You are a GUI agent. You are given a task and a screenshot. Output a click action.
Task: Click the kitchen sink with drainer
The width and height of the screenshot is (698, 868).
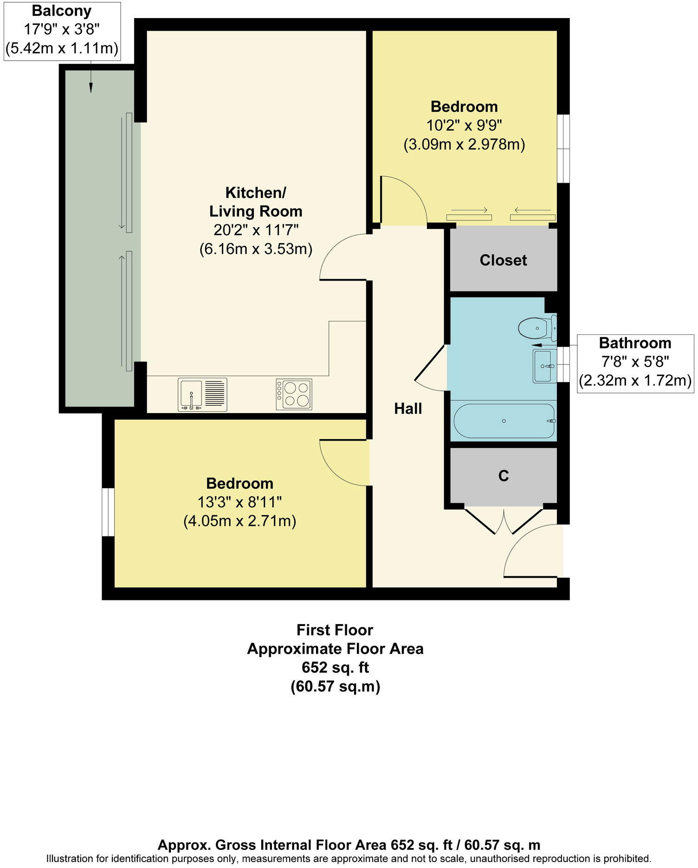point(202,395)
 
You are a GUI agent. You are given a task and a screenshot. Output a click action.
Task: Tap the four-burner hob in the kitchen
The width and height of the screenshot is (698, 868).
point(294,394)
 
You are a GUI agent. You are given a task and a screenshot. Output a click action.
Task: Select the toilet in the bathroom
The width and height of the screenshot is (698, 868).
point(535,328)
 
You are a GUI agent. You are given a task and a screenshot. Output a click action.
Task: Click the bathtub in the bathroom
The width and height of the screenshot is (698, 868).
point(504,421)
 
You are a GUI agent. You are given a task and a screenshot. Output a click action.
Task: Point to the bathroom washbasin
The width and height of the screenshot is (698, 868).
point(544,366)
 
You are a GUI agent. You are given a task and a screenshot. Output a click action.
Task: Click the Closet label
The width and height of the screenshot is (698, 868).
point(503,260)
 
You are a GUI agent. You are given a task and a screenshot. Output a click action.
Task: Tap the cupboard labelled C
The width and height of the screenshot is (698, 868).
point(503,476)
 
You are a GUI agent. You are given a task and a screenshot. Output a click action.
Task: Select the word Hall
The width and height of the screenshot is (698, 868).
point(408,408)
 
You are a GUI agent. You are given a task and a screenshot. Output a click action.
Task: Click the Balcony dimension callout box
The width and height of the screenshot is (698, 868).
point(62,30)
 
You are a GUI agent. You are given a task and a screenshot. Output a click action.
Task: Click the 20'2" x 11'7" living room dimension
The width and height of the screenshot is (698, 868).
point(256,230)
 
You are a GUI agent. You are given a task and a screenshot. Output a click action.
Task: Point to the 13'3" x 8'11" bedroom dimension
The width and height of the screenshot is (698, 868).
point(239,502)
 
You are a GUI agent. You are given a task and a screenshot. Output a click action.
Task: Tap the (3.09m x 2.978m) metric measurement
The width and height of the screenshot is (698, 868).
point(464,145)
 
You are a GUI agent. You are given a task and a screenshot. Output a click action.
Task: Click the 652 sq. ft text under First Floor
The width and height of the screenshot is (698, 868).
point(335,667)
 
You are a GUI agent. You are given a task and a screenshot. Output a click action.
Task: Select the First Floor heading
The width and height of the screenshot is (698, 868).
point(335,630)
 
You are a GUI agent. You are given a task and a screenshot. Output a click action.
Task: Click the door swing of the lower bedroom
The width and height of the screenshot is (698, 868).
point(343,463)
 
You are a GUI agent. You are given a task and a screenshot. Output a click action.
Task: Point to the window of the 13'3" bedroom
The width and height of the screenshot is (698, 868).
point(108,512)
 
